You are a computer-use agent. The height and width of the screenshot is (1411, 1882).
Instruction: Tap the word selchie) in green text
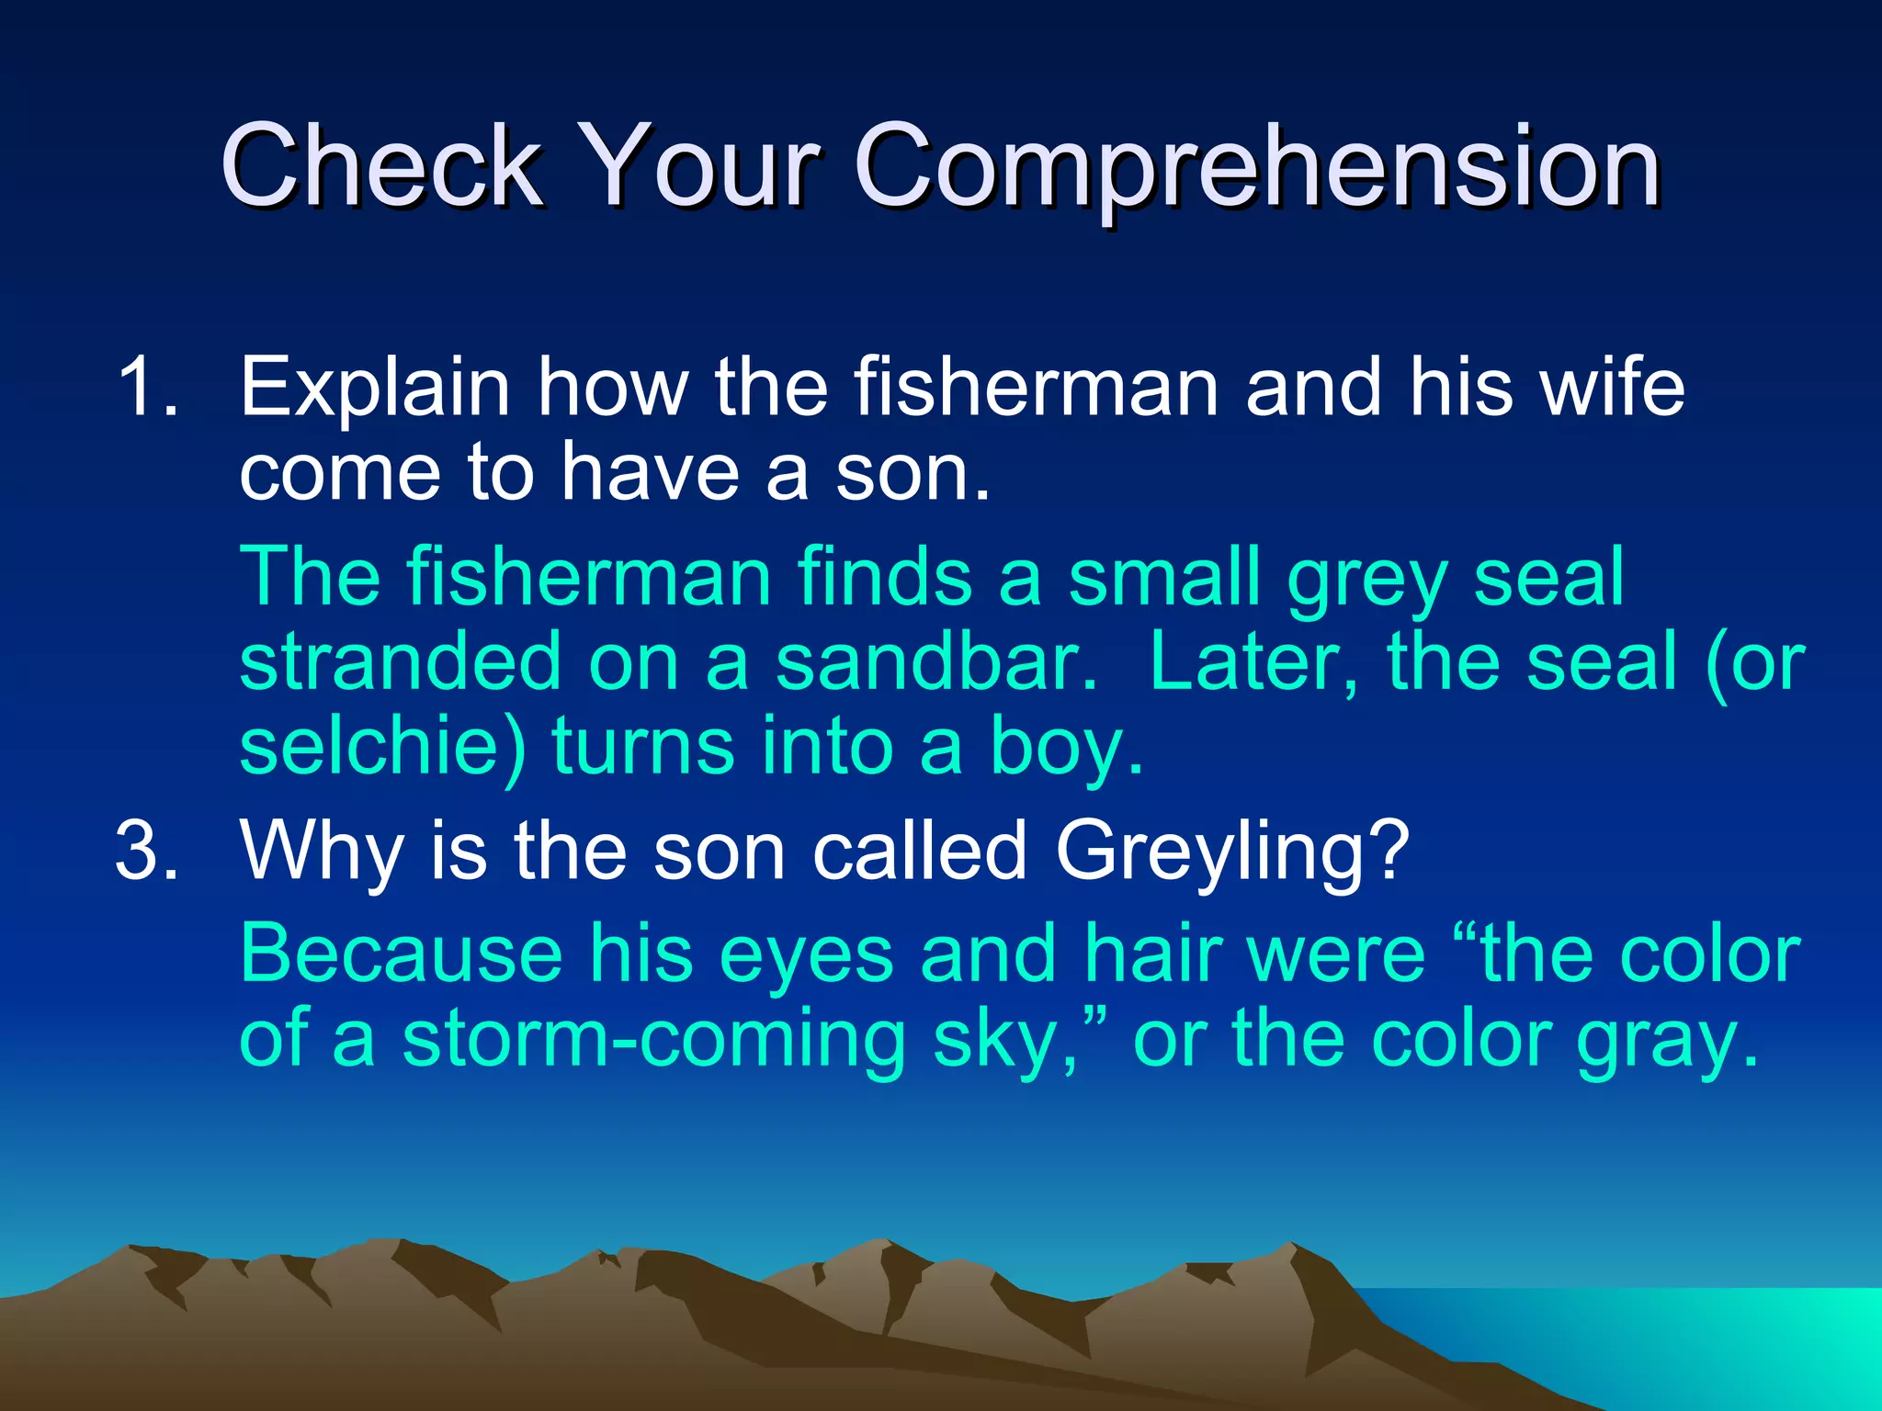coord(382,746)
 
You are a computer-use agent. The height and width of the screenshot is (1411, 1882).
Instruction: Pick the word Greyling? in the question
coord(1231,852)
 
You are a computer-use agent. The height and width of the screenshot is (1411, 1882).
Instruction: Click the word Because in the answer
coord(401,955)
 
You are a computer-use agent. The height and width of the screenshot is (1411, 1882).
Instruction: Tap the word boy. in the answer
coord(1066,748)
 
